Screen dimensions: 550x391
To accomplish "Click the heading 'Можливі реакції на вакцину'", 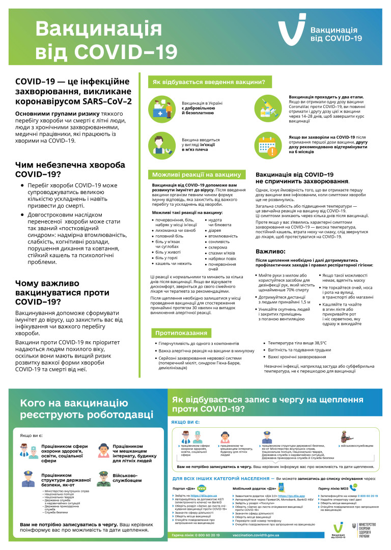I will coord(196,175).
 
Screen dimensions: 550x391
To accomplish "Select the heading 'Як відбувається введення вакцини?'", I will coord(209,82).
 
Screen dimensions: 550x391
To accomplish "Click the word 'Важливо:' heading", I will coord(274,252).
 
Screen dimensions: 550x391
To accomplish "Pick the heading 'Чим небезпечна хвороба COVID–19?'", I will coord(70,170).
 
